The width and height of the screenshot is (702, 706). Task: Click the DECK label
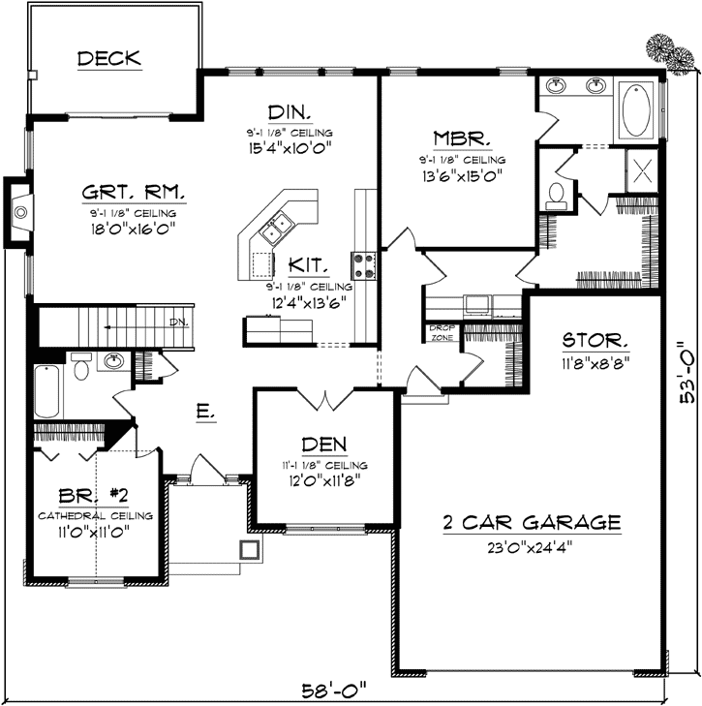(x=108, y=59)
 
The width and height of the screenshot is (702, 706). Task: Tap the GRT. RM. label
(x=134, y=192)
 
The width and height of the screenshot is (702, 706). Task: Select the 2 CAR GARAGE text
(x=531, y=523)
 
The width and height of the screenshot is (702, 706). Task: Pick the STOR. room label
(x=597, y=342)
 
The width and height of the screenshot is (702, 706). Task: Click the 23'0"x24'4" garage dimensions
(x=531, y=544)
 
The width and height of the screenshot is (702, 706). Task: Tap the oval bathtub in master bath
(x=636, y=110)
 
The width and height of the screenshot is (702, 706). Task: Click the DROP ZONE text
(x=442, y=332)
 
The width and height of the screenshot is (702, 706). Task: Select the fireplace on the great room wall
(x=20, y=207)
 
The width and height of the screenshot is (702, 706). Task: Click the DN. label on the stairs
(x=178, y=322)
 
